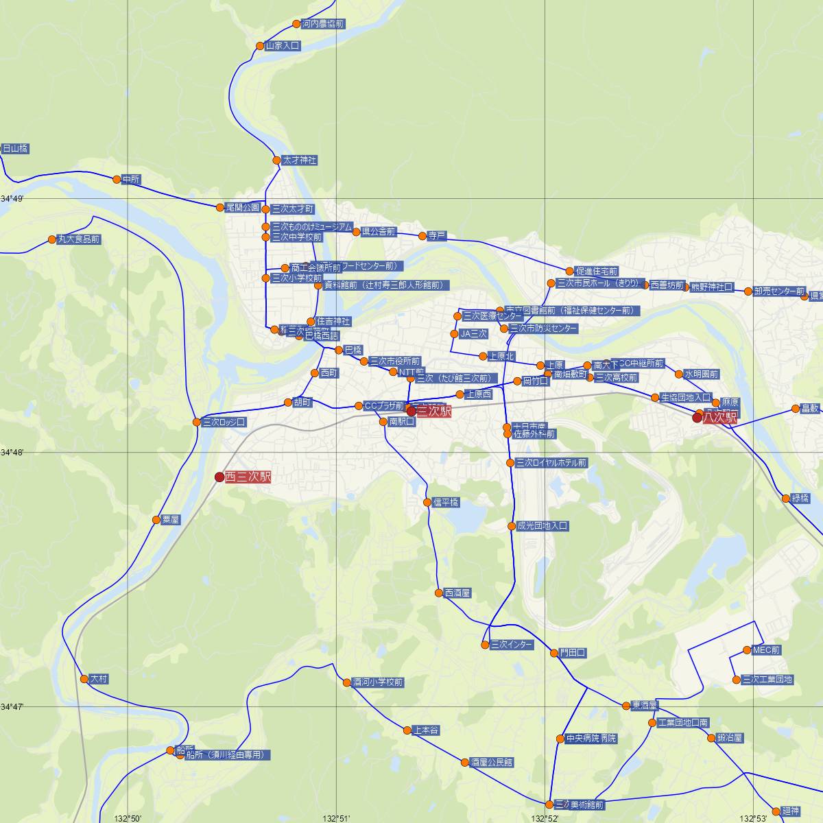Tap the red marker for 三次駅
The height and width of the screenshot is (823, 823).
click(411, 411)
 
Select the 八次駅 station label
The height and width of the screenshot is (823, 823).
click(719, 417)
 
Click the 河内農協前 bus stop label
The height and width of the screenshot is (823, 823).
click(323, 24)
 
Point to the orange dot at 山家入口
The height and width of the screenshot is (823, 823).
click(260, 46)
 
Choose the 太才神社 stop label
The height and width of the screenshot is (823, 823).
click(300, 160)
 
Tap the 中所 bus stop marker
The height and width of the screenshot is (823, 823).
click(117, 180)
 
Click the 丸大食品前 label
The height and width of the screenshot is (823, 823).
click(79, 239)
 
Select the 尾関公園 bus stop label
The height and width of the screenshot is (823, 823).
click(243, 207)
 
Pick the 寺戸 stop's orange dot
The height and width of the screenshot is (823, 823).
click(422, 236)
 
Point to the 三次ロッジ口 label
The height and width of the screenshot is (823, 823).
click(224, 422)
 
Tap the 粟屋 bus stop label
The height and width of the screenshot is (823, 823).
click(170, 520)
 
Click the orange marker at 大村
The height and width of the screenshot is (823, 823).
click(84, 679)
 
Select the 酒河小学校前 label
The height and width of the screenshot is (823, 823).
click(378, 682)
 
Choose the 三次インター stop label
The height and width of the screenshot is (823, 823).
click(512, 645)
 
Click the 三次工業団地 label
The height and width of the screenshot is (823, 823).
click(767, 680)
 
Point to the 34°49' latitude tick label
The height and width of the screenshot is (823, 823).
click(12, 199)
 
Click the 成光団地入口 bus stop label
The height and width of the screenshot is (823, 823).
click(542, 526)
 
